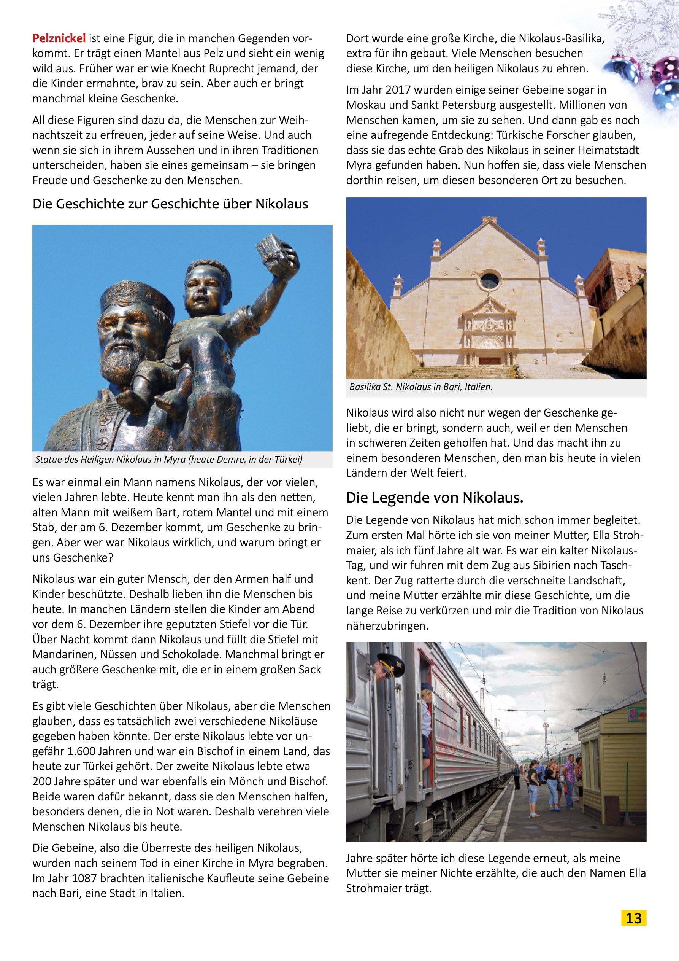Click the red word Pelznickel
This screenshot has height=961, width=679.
(59, 38)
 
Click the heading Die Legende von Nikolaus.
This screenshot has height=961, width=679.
(435, 498)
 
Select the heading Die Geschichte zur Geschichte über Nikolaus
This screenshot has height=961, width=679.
(170, 204)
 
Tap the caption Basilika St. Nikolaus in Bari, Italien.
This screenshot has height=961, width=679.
(421, 387)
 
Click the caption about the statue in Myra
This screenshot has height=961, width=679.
(168, 459)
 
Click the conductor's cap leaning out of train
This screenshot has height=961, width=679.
(390, 661)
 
